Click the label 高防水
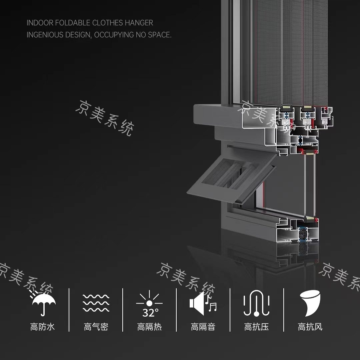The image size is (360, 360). coord(42,327)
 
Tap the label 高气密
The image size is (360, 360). coord(96,327)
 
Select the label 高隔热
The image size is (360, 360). coord(149,327)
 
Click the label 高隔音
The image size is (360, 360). coord(203,327)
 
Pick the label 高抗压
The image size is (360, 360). coord(256,327)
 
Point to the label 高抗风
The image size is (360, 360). coord(310,327)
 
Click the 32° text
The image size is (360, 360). coord(150,313)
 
